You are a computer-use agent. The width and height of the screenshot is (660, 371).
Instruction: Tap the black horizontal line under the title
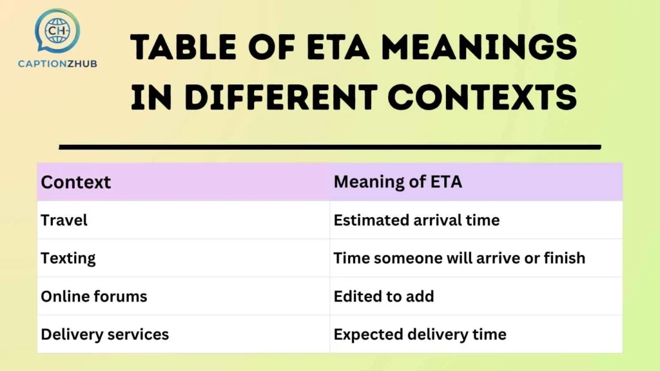329,147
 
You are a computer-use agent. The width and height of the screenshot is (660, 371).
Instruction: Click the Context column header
76,182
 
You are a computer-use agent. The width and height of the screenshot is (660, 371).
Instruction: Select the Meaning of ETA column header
398,182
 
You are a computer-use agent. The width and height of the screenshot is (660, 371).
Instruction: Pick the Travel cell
64,220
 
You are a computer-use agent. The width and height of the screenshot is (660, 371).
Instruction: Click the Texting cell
68,258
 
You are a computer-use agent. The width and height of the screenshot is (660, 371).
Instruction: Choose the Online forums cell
94,296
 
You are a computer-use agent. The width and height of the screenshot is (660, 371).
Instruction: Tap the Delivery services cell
104,334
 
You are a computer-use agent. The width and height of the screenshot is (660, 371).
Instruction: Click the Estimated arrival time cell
416,220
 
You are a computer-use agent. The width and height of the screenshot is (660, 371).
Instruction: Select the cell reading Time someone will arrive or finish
459,258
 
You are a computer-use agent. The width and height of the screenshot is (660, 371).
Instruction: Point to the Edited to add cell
383,296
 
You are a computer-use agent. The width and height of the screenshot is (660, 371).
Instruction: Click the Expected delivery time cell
420,334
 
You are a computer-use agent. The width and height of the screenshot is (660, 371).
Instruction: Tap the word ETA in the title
335,48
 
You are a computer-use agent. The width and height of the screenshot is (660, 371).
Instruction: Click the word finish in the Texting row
565,258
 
